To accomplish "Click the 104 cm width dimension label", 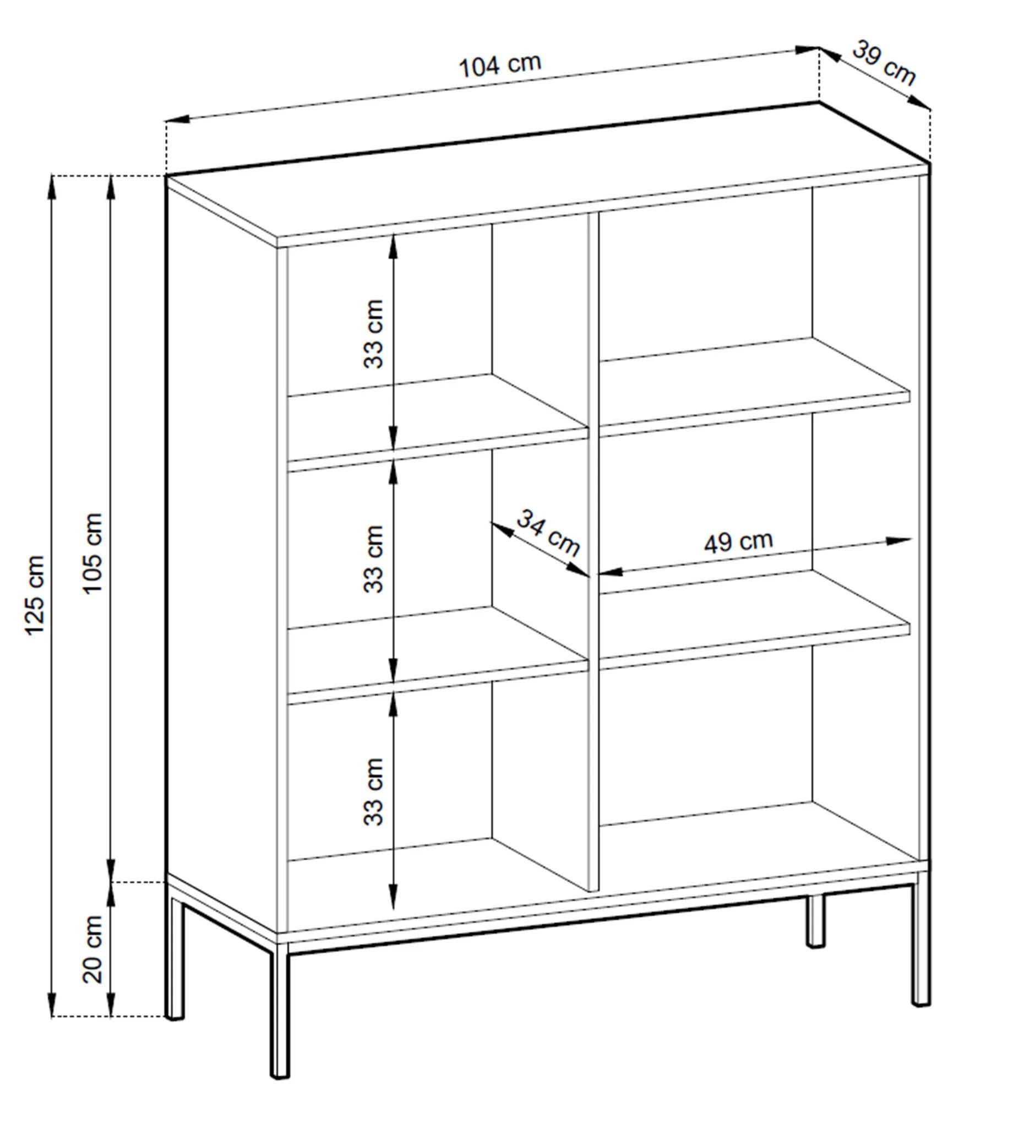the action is (x=499, y=66).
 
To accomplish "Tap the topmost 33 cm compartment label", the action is (x=373, y=334).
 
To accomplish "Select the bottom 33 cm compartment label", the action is (x=373, y=791).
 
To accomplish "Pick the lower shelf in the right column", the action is (x=754, y=619).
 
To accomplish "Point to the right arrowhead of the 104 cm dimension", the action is (x=807, y=50).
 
